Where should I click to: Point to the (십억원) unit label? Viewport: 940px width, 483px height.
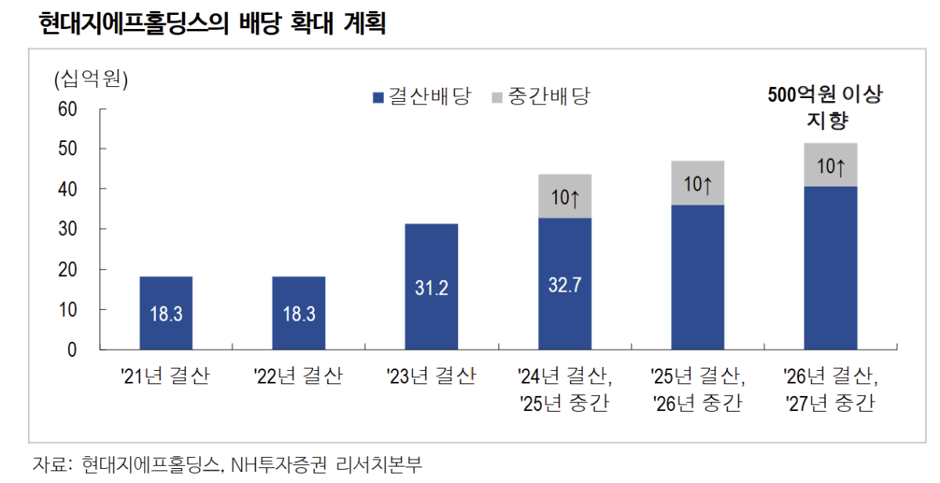click(91, 79)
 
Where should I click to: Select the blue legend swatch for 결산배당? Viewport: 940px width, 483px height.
click(378, 98)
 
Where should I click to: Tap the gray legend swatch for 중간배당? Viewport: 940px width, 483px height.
click(497, 98)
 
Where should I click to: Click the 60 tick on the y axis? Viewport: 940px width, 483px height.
click(67, 109)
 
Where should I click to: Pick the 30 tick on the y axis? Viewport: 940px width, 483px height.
click(67, 229)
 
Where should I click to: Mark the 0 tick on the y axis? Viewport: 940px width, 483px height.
click(72, 350)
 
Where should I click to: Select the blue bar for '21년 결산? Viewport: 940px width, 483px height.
click(166, 313)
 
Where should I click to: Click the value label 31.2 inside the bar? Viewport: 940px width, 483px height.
click(431, 288)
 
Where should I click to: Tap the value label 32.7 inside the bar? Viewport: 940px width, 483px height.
click(564, 284)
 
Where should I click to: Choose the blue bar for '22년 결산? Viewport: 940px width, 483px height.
click(298, 313)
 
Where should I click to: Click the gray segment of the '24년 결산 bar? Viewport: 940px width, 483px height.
click(565, 196)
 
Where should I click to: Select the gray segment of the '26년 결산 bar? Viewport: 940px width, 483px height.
click(830, 165)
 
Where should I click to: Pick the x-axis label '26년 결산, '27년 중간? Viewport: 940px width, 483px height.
click(830, 390)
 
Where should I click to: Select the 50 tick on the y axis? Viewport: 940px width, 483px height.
click(67, 149)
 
